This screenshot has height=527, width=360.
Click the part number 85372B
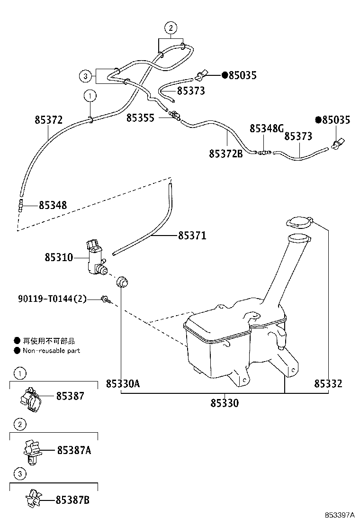[x=225, y=154]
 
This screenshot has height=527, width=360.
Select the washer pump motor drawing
[x=96, y=258]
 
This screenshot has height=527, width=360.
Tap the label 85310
[x=59, y=258]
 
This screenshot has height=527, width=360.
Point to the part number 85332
[x=328, y=383]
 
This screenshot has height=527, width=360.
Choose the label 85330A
[x=123, y=383]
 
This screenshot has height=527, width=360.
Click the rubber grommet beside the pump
[x=123, y=281]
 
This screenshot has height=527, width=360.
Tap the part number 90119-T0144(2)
[x=53, y=299]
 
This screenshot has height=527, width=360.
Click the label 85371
[x=192, y=236]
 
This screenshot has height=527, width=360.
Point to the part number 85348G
[x=267, y=128]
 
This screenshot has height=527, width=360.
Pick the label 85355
[x=140, y=118]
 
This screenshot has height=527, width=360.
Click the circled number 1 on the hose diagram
[x=90, y=96]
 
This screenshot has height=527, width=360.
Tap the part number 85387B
[x=72, y=500]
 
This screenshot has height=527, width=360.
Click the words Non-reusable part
[x=53, y=351]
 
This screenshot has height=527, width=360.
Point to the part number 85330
[x=225, y=403]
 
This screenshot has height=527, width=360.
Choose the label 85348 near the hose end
[x=53, y=205]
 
